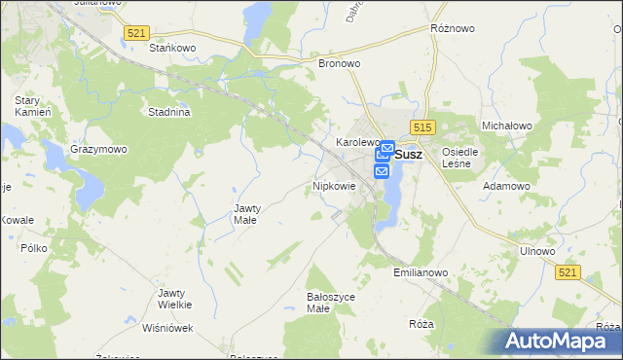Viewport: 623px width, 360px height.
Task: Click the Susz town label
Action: point(410,154)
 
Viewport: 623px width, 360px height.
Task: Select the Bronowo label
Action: point(340,63)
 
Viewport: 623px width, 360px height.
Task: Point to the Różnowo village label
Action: point(452,29)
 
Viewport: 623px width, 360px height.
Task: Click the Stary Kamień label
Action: point(26,107)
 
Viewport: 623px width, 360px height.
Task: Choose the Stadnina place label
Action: point(168,112)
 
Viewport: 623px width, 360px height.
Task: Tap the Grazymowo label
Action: point(98,150)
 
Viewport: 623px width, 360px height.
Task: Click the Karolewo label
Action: point(356,142)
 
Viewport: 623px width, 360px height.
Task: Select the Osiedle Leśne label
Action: point(460,158)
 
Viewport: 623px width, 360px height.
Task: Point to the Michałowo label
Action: point(506,126)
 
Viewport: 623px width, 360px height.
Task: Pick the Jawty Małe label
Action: point(245,214)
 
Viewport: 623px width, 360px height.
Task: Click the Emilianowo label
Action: point(421,273)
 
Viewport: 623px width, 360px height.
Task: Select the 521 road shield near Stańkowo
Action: point(136,33)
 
